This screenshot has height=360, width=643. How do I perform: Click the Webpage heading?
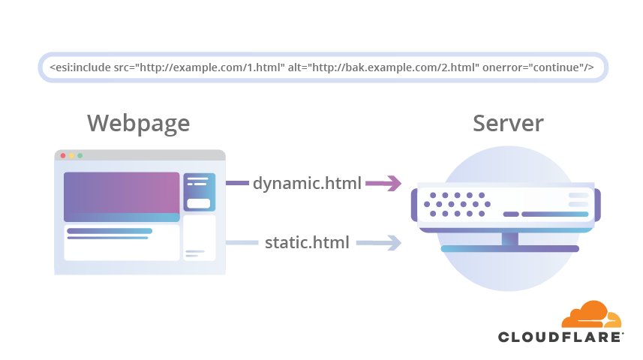[x=138, y=124]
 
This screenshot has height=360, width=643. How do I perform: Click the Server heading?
[x=508, y=124]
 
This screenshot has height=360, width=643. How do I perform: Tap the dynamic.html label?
[x=307, y=183]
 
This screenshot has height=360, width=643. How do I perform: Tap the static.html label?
[x=307, y=243]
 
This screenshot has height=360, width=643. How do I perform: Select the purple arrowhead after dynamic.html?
[x=392, y=183]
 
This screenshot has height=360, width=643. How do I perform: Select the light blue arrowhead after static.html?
[x=392, y=243]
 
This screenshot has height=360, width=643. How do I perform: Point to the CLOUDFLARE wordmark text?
[x=560, y=337]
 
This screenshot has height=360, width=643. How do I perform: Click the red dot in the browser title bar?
[x=63, y=155]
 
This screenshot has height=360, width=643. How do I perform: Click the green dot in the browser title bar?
[x=80, y=155]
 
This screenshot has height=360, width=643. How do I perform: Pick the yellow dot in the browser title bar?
[x=71, y=155]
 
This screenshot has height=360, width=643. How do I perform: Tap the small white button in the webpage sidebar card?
[x=199, y=203]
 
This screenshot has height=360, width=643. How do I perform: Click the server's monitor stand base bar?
[x=509, y=248]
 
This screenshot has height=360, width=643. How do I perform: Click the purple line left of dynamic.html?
[x=237, y=183]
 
